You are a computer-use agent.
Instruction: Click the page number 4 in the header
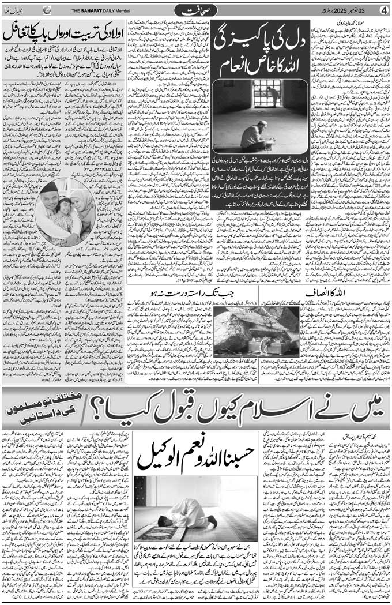[383, 10]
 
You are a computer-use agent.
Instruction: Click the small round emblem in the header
[47, 10]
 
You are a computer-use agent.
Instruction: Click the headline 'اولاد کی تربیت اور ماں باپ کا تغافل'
[63, 33]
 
